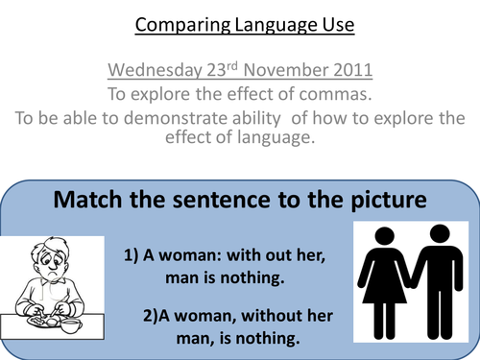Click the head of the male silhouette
pos(441,234)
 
